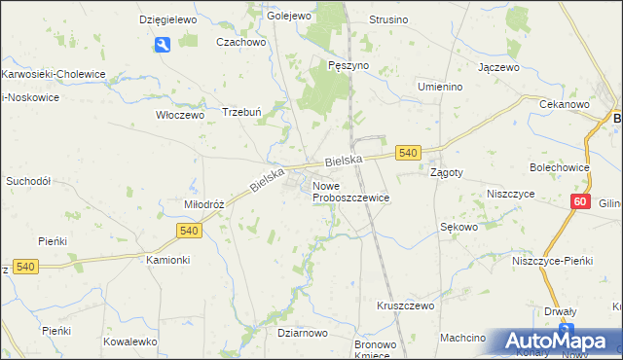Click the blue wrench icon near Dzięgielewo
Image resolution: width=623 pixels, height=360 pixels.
pos(163,44)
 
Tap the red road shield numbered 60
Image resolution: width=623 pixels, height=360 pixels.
pos(580,201)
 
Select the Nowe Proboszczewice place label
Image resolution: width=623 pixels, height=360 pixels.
pos(350,192)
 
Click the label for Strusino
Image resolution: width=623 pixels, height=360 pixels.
pos(388,19)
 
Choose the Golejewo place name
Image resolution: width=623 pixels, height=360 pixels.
pos(288,17)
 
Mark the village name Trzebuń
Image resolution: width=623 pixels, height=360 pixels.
pos(243,111)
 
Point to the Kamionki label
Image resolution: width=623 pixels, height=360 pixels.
pos(167,261)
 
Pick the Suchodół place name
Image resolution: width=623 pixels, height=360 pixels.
pos(28,181)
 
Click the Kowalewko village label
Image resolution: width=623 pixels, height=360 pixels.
pos(130,342)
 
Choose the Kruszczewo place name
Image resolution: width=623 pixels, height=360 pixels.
pos(405,306)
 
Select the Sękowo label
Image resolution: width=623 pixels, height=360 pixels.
pos(458,227)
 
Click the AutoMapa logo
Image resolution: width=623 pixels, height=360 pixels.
pos(558,341)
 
